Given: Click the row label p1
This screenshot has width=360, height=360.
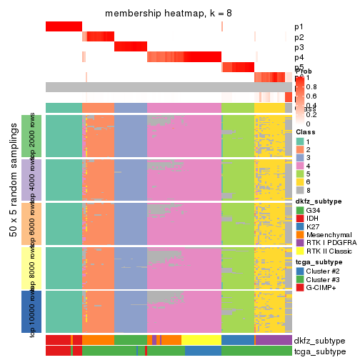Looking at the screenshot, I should pos(299,27).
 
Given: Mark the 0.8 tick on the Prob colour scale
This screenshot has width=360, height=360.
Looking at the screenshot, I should pos(313,87).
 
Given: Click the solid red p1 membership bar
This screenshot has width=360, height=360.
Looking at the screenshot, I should pos(64,26).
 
